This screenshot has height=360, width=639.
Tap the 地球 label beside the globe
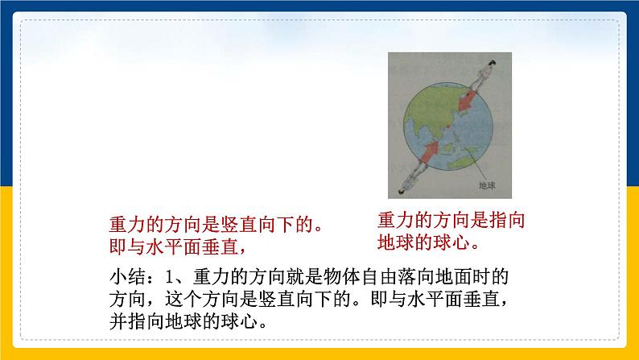click(x=488, y=185)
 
